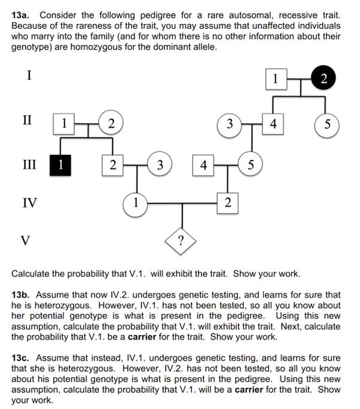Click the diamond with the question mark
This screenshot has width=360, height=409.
point(182,241)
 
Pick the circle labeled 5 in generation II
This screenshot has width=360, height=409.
point(326,125)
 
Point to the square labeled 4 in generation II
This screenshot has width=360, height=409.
point(273,124)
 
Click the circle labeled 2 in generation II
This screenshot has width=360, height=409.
point(109,124)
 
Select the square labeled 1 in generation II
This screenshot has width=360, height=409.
point(63,124)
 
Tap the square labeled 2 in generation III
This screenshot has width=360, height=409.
point(110,164)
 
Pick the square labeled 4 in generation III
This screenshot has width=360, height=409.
point(203,164)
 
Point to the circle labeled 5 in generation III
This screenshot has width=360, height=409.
point(250,164)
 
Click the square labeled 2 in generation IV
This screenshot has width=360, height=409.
point(227,203)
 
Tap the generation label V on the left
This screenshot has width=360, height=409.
point(25,240)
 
